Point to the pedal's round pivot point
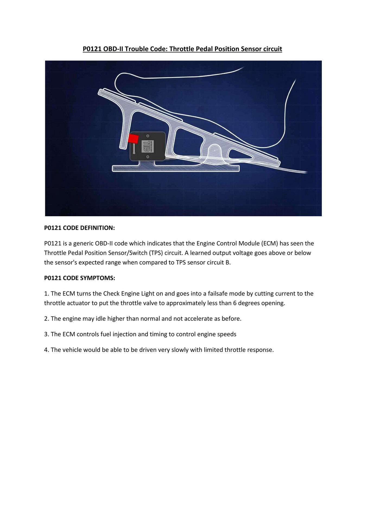pos(214,150)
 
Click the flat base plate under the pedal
pos(176,169)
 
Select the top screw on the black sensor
pos(148,136)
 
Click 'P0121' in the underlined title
pos(92,49)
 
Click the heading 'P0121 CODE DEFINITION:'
pos(80,228)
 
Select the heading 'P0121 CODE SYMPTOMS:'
pos(80,278)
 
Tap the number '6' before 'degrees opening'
pos(234,303)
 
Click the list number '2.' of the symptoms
pos(46,318)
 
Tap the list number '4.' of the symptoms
pos(46,350)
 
